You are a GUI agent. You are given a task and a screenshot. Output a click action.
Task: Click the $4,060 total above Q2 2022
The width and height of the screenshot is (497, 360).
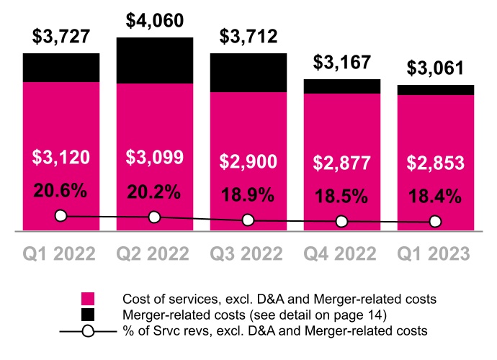coord(154,20)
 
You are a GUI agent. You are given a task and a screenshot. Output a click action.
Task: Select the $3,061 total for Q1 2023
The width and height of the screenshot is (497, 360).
coord(435,68)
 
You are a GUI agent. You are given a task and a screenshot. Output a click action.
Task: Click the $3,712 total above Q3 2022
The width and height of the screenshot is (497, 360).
coord(248,36)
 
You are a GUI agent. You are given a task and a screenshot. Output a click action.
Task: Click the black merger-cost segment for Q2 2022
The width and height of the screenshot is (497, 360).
coord(154,60)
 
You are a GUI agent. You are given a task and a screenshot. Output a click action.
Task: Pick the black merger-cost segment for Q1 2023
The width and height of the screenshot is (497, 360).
coord(435,89)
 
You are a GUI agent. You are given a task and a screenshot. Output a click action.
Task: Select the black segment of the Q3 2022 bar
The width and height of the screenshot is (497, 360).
coord(248,72)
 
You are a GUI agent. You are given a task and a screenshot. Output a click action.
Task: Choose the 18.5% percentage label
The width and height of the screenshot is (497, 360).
coord(341,195)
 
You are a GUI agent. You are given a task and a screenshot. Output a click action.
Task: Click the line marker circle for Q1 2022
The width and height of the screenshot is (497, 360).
coord(61,215)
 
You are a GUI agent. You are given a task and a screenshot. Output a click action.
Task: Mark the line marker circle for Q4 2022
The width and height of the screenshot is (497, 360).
coord(341,221)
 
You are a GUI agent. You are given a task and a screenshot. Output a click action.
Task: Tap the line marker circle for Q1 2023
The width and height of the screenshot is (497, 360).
coord(435,222)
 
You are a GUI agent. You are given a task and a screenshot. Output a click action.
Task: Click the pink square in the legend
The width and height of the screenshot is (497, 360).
coord(89,299)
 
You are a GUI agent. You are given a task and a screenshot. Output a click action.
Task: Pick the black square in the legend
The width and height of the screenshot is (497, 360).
coord(89,314)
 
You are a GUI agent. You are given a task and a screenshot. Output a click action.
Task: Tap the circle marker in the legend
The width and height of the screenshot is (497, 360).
coord(89,330)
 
